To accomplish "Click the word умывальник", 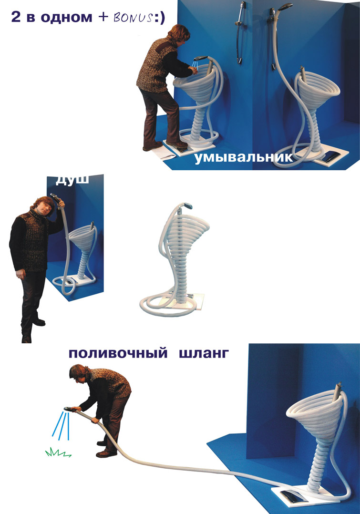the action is coord(244,157).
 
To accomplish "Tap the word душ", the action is coord(72,180).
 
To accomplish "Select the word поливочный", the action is coord(118,354).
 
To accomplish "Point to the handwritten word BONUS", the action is coord(133,17).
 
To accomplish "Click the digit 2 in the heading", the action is coord(16,17).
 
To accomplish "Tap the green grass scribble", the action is coord(58,453).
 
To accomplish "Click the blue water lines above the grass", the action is coord(62,425).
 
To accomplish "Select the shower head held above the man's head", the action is coord(56,197).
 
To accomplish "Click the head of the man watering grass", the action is coord(79,373).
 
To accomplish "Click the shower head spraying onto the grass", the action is coord(69,409).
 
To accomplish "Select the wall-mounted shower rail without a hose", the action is coord(240,32).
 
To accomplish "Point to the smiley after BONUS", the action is coord(159,17).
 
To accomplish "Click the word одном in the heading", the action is coord(67,17).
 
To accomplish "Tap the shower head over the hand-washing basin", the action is coord(200,58).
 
